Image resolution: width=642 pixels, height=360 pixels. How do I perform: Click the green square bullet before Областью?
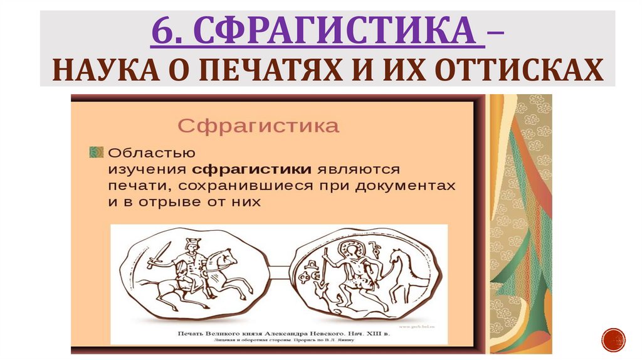pos(96,152)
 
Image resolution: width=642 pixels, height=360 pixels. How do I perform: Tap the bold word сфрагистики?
pos(252,169)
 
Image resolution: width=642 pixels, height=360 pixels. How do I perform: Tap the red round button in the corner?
pos(613,339)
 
